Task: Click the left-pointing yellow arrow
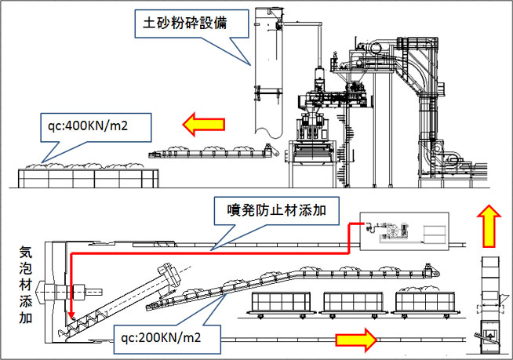[203, 123]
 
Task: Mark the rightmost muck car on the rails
[424, 300]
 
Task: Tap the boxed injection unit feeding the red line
[400, 231]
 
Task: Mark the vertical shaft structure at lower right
[489, 302]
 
